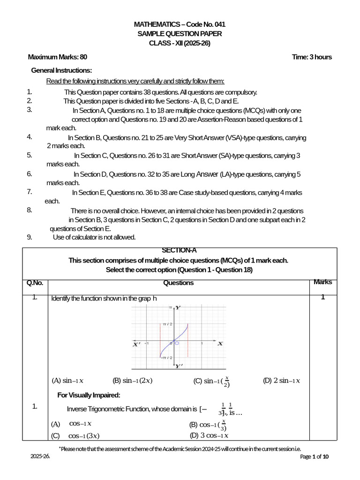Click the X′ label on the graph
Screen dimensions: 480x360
[x=136, y=344]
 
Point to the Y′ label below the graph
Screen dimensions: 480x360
[x=179, y=366]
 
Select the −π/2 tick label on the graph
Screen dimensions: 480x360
[x=166, y=357]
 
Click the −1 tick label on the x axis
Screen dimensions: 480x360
[x=147, y=343]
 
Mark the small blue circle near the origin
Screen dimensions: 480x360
[x=177, y=343]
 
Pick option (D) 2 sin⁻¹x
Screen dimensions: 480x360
[x=281, y=381]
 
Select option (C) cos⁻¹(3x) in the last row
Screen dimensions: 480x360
[x=75, y=435]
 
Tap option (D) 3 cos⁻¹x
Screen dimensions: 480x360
[x=209, y=435]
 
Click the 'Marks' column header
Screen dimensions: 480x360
[x=322, y=282]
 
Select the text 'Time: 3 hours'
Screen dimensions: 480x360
[x=311, y=57]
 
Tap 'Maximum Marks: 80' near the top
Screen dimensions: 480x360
[x=58, y=57]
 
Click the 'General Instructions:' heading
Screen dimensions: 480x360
[x=61, y=70]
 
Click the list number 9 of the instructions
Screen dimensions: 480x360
[x=30, y=237]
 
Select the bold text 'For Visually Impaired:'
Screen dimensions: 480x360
[x=89, y=395]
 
